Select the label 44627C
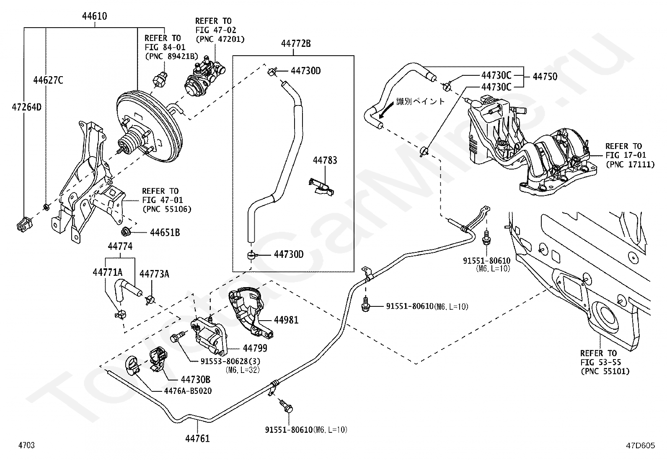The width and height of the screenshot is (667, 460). point(48,80)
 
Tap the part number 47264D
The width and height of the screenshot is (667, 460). point(26,107)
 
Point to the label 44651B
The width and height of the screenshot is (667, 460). point(165,232)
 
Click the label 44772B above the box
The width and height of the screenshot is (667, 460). point(296,43)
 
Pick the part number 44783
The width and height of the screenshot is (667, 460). point(325,160)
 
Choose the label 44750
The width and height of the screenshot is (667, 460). point(545,76)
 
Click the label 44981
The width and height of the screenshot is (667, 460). point(286,320)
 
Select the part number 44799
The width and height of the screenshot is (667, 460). point(255,348)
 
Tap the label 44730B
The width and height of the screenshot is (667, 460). point(195,380)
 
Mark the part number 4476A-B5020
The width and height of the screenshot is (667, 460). point(188,391)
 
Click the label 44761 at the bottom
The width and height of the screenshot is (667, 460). point(197,438)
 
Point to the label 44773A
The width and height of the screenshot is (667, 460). point(154,274)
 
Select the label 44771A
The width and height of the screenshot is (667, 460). point(107,273)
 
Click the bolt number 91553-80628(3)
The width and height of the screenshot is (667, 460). point(230,361)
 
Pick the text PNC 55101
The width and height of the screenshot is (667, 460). point(605,371)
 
